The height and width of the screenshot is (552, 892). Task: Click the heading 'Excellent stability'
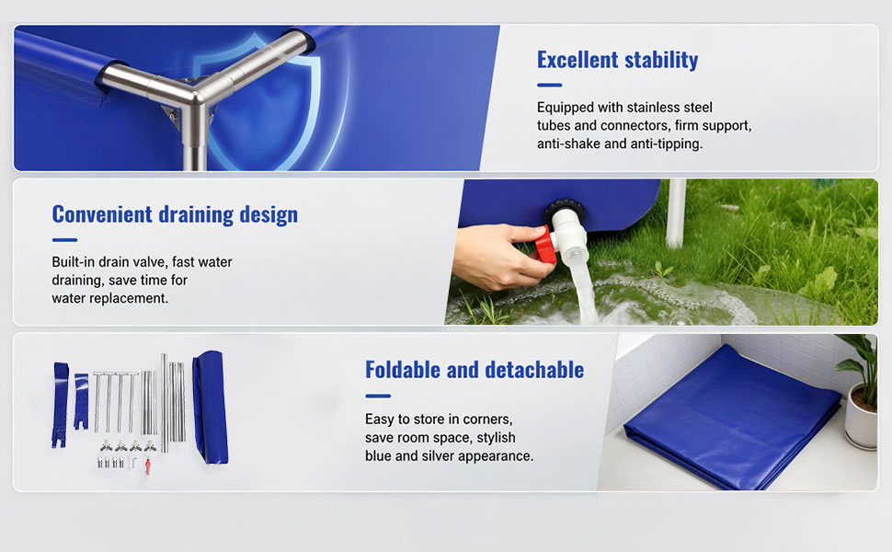(x=617, y=60)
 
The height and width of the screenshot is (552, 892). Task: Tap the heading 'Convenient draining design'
(x=175, y=214)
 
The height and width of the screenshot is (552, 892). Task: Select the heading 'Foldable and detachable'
(x=475, y=370)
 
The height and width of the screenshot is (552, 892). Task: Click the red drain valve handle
(x=543, y=244)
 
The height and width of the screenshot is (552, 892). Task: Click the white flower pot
(x=860, y=416)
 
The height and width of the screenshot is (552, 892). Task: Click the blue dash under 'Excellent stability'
(x=550, y=86)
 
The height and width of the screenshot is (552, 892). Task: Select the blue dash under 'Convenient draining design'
(x=64, y=240)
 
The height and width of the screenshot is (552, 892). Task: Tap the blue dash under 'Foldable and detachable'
(x=378, y=397)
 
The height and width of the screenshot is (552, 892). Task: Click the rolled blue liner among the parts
(x=211, y=407)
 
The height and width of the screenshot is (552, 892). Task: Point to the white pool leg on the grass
(x=675, y=213)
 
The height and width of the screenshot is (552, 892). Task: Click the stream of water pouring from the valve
(x=583, y=290)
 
